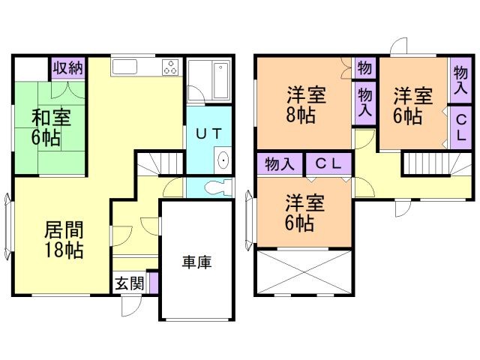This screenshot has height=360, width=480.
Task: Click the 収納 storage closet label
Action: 67,67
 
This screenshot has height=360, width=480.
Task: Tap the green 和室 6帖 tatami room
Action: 48,127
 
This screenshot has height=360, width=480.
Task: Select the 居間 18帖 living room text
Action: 63,239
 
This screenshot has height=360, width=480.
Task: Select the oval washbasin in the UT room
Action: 223,160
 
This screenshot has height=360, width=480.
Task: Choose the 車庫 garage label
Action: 196,262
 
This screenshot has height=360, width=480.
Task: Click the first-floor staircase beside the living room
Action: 160,163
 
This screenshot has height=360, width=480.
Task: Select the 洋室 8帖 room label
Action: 305,105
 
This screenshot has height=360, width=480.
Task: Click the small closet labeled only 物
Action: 364,67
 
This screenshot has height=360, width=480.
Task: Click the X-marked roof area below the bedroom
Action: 303,274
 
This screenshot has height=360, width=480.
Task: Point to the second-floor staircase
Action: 428,163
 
